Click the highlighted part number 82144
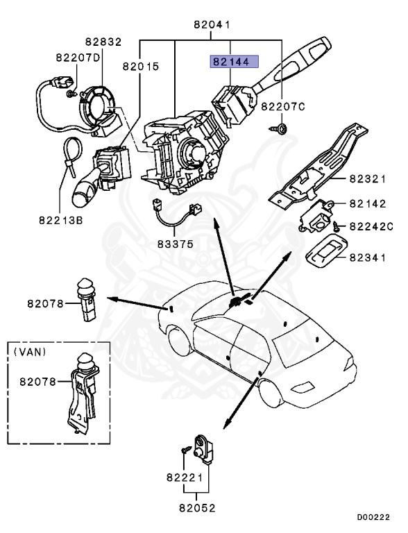click(230, 62)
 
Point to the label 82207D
click(78, 58)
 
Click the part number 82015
click(141, 67)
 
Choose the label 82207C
click(283, 106)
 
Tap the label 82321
click(367, 178)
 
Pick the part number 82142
click(367, 204)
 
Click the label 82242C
click(371, 226)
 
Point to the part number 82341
click(367, 257)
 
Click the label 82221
click(183, 478)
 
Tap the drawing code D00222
click(373, 517)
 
